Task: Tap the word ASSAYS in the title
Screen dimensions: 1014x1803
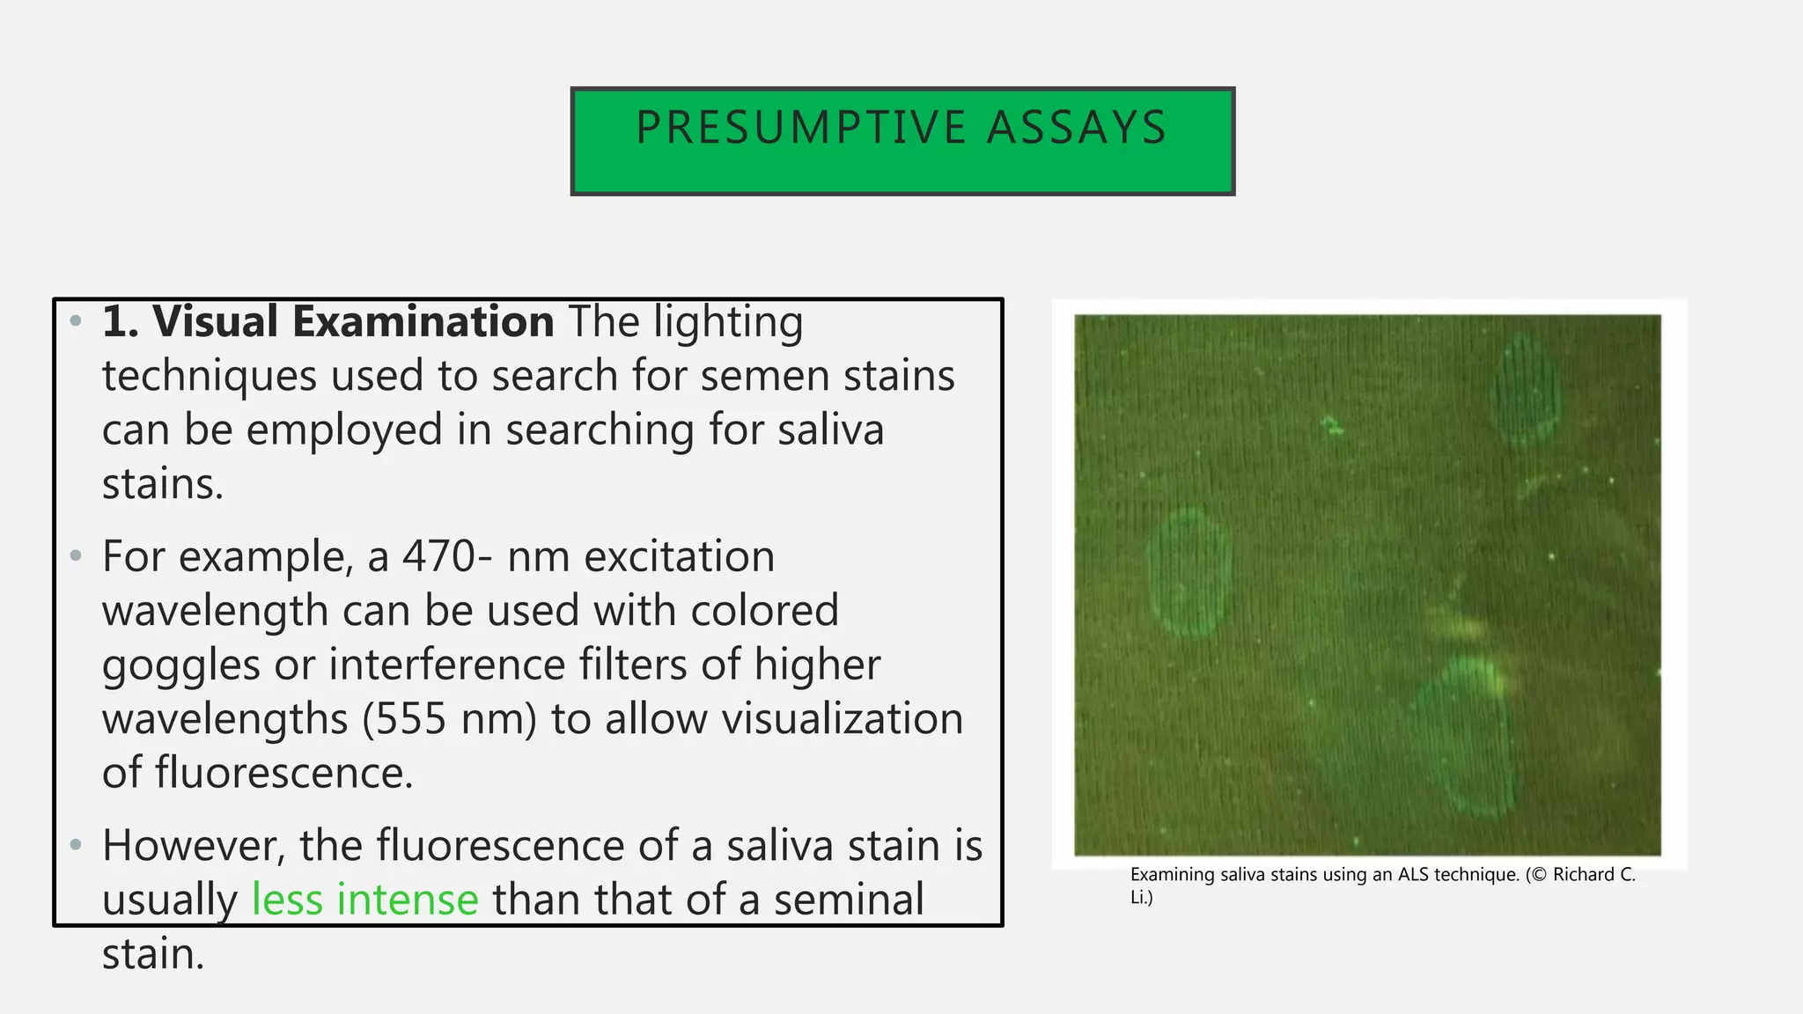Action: coord(1077,128)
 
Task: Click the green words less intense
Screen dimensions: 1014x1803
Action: coord(364,900)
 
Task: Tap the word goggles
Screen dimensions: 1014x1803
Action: coord(180,665)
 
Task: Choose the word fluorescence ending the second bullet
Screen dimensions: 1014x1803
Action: coord(283,773)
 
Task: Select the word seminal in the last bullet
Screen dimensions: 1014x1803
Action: coord(849,900)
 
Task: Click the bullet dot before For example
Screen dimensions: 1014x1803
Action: coord(76,556)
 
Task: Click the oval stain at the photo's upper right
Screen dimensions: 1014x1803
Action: coord(1528,390)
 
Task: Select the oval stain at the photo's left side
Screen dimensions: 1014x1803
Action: coord(1188,572)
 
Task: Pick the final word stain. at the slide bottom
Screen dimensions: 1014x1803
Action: coord(153,954)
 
